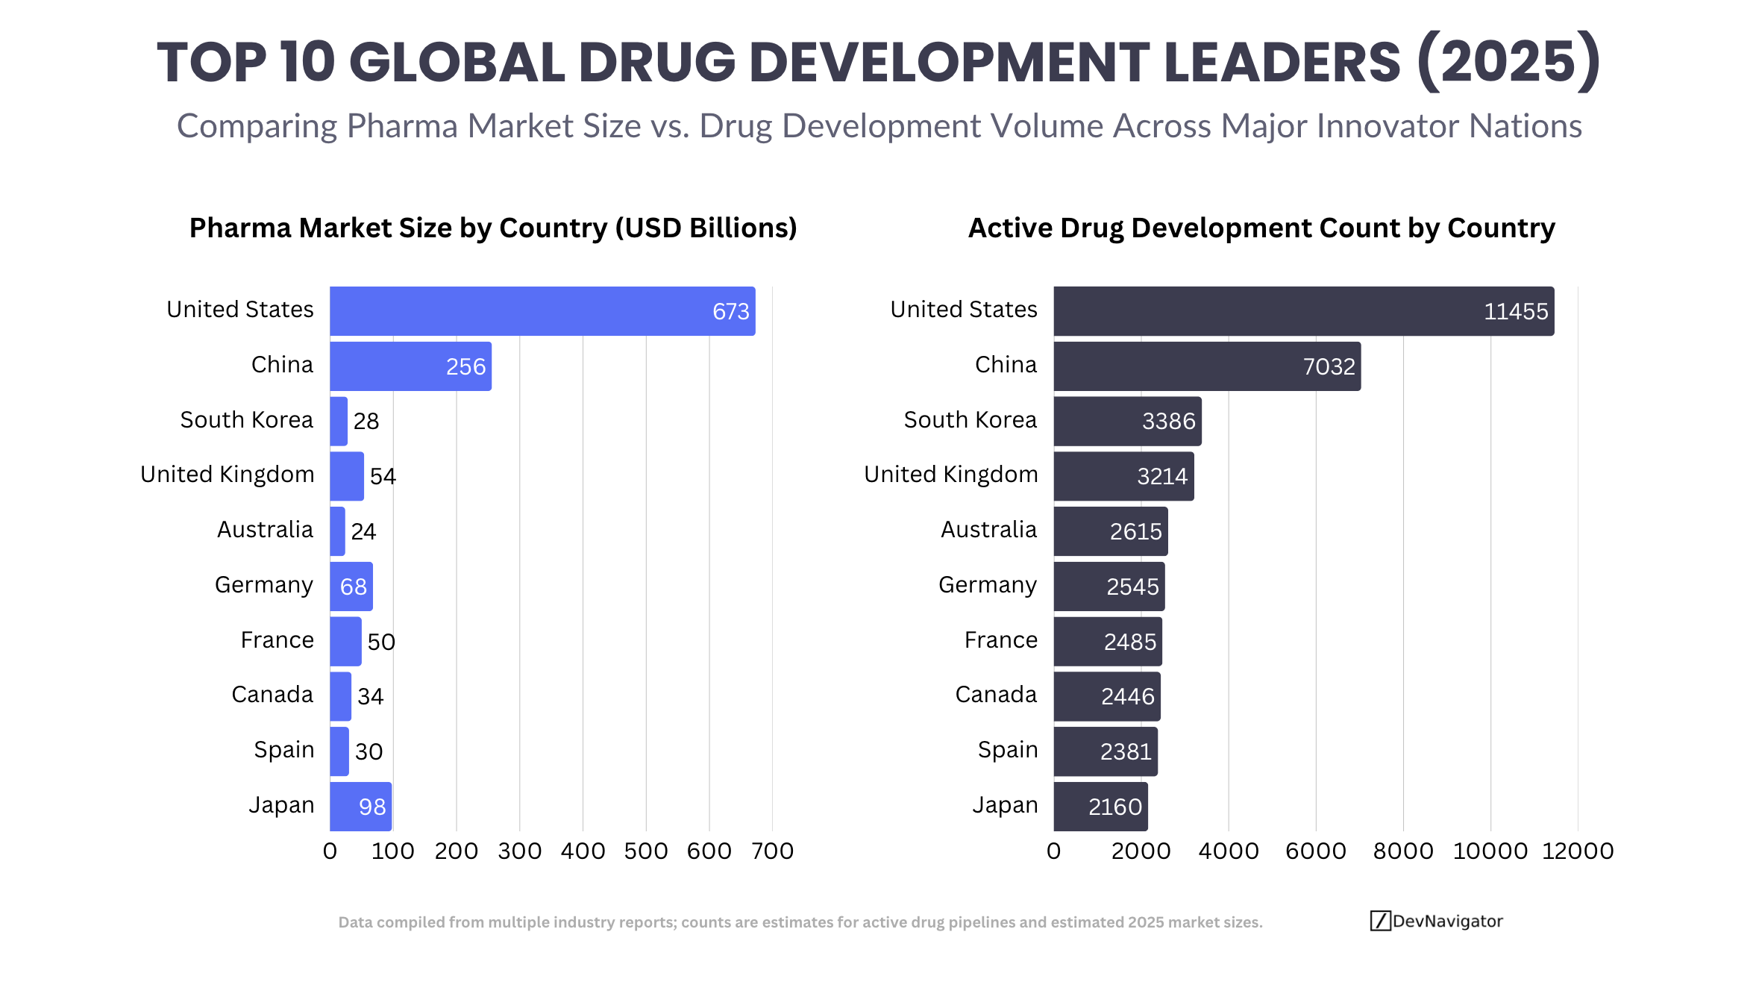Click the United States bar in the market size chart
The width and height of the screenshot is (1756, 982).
[542, 311]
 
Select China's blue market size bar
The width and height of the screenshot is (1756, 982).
[410, 366]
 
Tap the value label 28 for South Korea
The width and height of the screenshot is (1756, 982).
[366, 422]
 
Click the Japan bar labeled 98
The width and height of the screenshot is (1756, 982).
[360, 807]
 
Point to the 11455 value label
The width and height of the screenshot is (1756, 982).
[1516, 312]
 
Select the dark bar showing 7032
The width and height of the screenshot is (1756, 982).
[1207, 366]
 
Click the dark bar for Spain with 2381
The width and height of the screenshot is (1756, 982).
[1106, 751]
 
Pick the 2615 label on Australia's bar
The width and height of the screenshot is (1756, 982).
[1135, 532]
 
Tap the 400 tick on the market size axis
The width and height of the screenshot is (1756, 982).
[583, 851]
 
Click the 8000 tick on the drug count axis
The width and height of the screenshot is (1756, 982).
[1403, 851]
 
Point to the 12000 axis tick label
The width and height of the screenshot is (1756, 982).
[1578, 851]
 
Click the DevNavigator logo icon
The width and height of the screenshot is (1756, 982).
[1380, 921]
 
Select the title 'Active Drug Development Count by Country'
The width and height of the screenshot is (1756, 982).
[1261, 228]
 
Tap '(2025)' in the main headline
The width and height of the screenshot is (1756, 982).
[1508, 62]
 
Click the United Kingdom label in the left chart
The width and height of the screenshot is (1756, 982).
[228, 475]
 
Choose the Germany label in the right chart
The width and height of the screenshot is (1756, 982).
[988, 585]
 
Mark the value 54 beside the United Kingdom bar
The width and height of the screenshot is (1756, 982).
[383, 477]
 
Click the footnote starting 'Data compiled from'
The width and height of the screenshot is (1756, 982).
[800, 922]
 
